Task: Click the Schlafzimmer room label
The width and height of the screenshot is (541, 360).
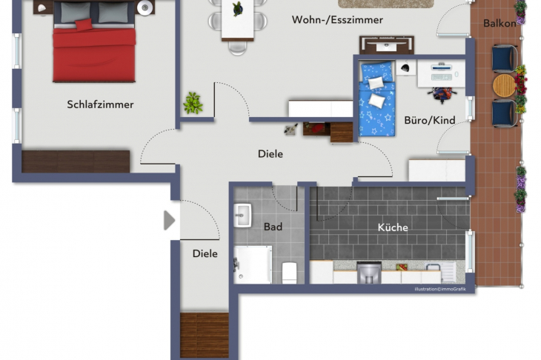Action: coord(100,104)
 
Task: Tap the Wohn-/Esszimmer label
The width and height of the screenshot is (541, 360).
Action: coord(337,20)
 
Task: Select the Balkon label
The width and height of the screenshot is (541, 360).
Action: coord(499,23)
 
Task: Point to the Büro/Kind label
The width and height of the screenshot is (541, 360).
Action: coord(430,120)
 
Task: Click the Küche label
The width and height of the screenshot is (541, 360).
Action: coord(393,227)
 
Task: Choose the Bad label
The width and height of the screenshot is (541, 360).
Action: coord(273,227)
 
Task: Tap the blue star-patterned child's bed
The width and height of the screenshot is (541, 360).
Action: coord(377,100)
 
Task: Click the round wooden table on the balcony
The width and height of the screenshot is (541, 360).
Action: coord(504,85)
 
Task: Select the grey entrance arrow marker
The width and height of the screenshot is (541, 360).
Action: coord(169,221)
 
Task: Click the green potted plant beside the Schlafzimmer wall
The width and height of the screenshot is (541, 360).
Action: coord(193,102)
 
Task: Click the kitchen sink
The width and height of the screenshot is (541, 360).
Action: coord(368,273)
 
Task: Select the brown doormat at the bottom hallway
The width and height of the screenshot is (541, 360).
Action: coord(205,336)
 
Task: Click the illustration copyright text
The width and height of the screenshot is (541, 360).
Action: coord(442,289)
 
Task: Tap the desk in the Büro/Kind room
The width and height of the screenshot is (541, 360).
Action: coord(441,72)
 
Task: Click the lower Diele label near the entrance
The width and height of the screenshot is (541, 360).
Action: coord(205,253)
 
